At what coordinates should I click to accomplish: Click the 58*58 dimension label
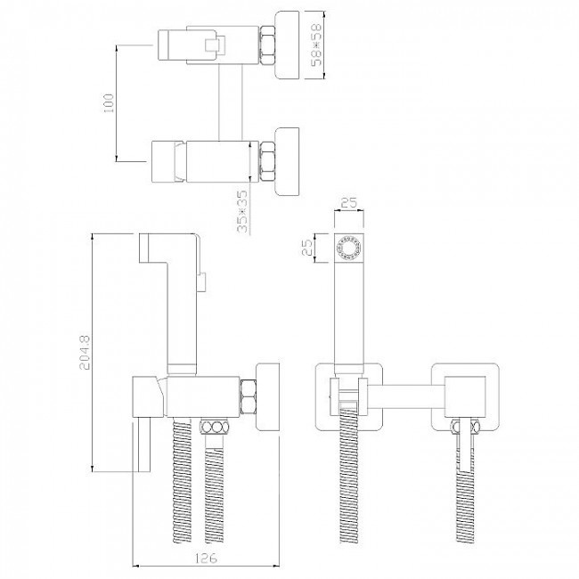pyautogui.click(x=316, y=45)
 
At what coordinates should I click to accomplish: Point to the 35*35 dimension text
pyautogui.click(x=242, y=211)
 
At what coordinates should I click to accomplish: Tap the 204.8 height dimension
pyautogui.click(x=85, y=352)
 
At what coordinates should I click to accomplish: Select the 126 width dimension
pyautogui.click(x=206, y=558)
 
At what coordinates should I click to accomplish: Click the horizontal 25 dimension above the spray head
pyautogui.click(x=349, y=203)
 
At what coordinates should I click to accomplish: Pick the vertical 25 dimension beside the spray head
pyautogui.click(x=307, y=248)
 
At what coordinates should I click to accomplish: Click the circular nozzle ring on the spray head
pyautogui.click(x=349, y=248)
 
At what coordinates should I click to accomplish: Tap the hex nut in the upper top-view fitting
pyautogui.click(x=268, y=45)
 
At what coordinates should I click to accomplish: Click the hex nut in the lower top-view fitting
pyautogui.click(x=268, y=161)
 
